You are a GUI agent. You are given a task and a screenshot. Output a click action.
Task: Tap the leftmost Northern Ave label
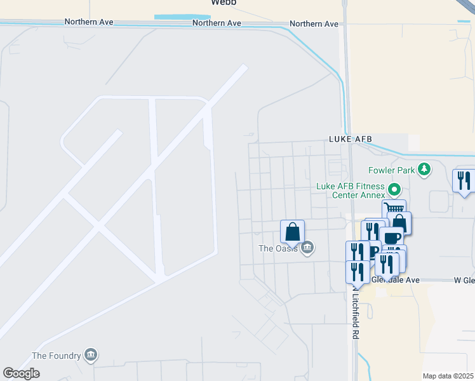click(x=89, y=22)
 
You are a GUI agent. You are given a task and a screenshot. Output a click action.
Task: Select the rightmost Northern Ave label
click(x=314, y=24)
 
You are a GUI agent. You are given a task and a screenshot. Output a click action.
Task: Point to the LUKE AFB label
click(x=350, y=139)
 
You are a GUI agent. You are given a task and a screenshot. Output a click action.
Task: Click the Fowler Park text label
click(x=391, y=170)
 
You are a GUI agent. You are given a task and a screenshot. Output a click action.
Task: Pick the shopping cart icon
click(x=394, y=209)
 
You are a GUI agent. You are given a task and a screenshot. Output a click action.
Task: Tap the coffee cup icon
click(x=392, y=237)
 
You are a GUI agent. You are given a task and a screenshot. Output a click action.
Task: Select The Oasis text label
click(x=278, y=248)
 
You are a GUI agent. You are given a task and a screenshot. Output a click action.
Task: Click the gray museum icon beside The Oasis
click(x=307, y=248)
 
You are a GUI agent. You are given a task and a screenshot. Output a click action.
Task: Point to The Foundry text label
click(x=57, y=355)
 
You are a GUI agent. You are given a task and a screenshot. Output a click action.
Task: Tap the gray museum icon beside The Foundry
click(x=90, y=354)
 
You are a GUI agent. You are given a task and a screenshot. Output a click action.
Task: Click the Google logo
click(x=21, y=373)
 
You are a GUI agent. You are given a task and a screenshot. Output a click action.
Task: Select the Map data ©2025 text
click(x=448, y=376)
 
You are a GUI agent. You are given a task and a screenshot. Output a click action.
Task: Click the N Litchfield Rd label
click(x=354, y=317)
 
